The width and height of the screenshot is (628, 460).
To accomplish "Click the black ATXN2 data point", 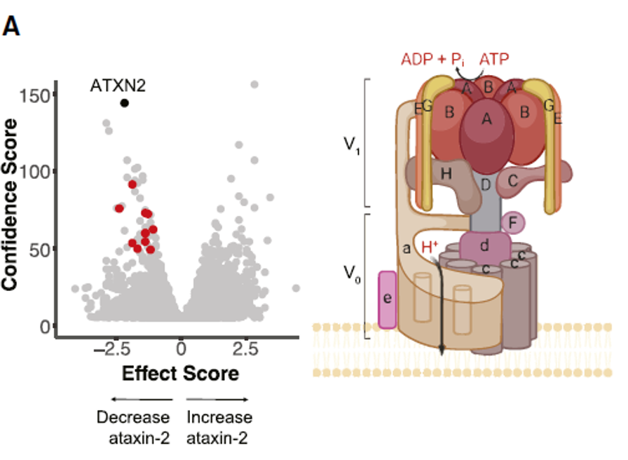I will click(125, 103).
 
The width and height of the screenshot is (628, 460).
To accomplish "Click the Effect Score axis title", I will click(180, 374).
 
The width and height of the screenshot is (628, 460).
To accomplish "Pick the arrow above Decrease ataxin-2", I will click(133, 400).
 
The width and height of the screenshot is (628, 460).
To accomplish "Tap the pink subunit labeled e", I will click(388, 299).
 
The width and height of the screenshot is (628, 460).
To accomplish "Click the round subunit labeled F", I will click(513, 224).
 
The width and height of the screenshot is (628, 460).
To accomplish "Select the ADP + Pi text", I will click(434, 59).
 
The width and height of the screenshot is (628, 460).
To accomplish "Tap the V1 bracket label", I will click(351, 146).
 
